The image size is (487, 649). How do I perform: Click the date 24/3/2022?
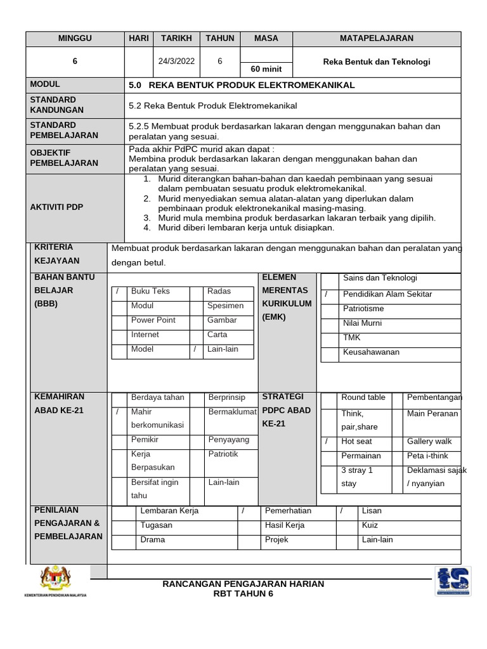click(176, 61)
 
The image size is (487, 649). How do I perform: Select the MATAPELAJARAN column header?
click(376, 38)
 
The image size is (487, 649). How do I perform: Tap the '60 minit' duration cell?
click(266, 69)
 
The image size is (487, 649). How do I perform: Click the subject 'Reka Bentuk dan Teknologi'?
click(376, 61)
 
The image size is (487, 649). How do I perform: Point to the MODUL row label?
click(45, 84)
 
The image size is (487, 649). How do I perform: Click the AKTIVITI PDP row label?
click(56, 207)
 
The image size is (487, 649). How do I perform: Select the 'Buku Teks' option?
click(150, 292)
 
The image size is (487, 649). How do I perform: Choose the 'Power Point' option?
click(153, 320)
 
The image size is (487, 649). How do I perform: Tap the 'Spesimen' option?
click(225, 305)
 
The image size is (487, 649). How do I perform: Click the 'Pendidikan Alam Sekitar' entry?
click(387, 294)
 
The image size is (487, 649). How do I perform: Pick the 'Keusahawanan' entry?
click(371, 352)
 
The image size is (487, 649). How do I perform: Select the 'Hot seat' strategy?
click(356, 441)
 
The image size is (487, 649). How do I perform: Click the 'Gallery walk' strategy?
click(429, 441)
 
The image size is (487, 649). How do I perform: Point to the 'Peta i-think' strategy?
click(427, 456)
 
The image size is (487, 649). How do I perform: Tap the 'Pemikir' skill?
click(145, 439)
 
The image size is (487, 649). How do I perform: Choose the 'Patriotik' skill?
click(223, 454)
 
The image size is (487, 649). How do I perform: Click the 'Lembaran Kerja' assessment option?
click(169, 511)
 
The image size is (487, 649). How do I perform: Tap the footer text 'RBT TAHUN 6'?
click(243, 593)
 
